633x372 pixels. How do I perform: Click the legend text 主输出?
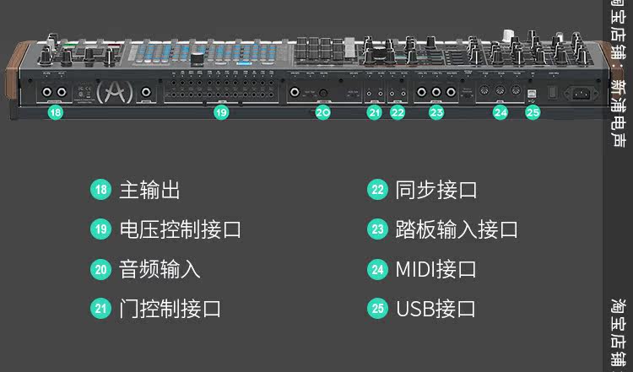tap(149, 190)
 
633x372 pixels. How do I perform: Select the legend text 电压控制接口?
tap(180, 229)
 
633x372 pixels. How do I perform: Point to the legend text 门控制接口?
tap(170, 309)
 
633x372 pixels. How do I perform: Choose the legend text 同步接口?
tap(436, 190)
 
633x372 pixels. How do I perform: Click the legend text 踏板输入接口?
tap(457, 229)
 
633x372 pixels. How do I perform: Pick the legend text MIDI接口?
tap(436, 269)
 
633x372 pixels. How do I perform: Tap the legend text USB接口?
tap(436, 309)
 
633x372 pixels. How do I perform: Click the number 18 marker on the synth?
tap(55, 111)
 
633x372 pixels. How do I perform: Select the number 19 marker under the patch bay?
tap(220, 111)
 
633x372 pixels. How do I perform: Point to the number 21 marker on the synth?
tap(374, 111)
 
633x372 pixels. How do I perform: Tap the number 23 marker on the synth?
tap(436, 111)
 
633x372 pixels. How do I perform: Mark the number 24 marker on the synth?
tap(501, 111)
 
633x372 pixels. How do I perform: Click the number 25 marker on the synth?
tap(533, 111)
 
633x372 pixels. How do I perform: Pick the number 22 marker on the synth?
tap(398, 111)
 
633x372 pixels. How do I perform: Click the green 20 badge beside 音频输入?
tap(101, 269)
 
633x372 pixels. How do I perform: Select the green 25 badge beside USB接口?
tap(377, 309)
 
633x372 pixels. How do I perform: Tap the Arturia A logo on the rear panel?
tap(110, 91)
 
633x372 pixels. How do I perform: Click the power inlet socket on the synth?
tap(583, 93)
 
